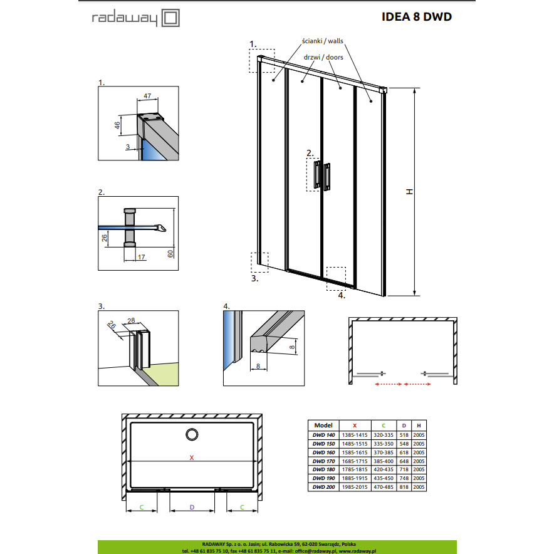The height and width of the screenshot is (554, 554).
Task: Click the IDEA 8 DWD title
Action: click(x=417, y=16)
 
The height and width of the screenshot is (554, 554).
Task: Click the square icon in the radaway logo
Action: click(x=170, y=18)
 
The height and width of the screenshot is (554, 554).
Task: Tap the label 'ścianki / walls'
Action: click(x=323, y=41)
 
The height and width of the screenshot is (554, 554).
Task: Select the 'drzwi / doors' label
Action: click(x=323, y=57)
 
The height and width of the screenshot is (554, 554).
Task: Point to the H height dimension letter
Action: click(x=409, y=192)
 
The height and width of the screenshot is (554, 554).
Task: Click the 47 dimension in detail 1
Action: click(x=147, y=96)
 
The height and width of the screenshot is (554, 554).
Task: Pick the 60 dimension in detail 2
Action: click(x=170, y=254)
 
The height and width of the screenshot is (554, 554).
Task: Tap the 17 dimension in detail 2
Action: click(x=142, y=257)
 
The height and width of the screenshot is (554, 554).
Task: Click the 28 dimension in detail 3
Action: click(x=131, y=320)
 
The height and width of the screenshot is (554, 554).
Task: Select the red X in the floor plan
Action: click(x=192, y=457)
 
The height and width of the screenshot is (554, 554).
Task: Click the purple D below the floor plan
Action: click(x=192, y=507)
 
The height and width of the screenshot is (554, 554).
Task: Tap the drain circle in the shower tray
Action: click(x=192, y=434)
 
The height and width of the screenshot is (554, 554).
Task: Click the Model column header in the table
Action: click(x=323, y=426)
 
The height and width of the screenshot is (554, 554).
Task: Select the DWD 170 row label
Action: click(x=323, y=461)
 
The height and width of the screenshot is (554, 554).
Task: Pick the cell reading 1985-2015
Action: click(x=355, y=487)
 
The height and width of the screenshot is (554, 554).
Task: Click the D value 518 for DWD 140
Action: click(x=404, y=435)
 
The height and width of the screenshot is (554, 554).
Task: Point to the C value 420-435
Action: click(x=384, y=469)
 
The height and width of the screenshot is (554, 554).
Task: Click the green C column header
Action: click(x=384, y=426)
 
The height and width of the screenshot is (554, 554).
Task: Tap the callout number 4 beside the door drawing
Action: click(x=342, y=295)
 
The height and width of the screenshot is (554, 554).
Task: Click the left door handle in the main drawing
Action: click(x=317, y=174)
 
